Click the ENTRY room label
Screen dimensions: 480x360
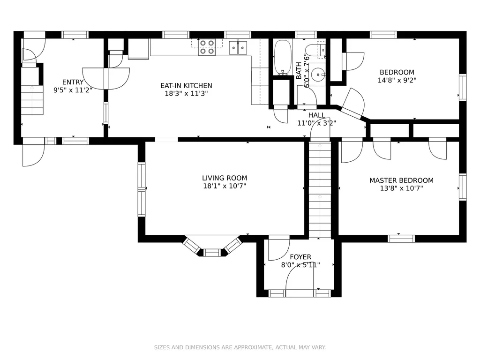(73, 82)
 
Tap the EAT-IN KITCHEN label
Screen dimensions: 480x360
(186, 85)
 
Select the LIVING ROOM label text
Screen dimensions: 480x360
(225, 178)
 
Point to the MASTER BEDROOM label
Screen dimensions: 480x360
(401, 180)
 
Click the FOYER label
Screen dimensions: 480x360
(300, 257)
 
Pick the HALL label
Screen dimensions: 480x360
(317, 115)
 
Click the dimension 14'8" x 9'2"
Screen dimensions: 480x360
(397, 80)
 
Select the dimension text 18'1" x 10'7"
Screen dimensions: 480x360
(225, 186)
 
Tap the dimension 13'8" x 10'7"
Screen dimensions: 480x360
(401, 188)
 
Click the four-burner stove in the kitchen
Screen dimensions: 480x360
(207, 47)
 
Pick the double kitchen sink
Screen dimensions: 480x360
(238, 47)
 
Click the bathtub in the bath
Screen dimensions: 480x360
(283, 57)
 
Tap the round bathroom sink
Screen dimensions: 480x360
(319, 74)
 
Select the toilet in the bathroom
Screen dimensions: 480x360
(315, 51)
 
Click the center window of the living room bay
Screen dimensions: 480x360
(212, 253)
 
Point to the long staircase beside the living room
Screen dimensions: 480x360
(320, 190)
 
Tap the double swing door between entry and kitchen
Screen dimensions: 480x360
(106, 79)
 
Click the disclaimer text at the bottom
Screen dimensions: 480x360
(240, 347)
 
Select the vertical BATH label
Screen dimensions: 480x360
(299, 71)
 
